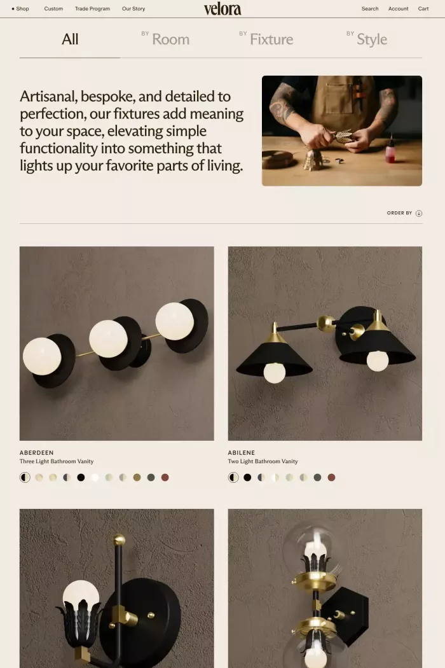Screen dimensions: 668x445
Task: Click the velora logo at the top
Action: pos(222,9)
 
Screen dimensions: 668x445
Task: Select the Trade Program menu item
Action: pos(92,9)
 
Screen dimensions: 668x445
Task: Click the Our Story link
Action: pos(133,9)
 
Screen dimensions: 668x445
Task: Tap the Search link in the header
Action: pos(370,9)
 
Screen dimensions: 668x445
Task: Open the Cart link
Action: pos(423,9)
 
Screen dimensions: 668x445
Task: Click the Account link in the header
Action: pos(399,9)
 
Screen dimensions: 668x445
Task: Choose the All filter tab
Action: pos(70,39)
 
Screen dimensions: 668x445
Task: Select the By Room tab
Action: pos(166,39)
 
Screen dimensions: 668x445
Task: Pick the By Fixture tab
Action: pos(266,39)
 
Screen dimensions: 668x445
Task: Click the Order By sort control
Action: pos(404,213)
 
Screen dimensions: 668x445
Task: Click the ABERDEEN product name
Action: pos(37,453)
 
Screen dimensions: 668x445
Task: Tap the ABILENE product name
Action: pos(242,453)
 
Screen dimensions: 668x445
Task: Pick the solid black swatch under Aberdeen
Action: pos(81,477)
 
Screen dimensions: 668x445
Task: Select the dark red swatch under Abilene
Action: pos(331,477)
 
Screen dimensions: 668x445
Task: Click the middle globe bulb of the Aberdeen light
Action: pos(108,338)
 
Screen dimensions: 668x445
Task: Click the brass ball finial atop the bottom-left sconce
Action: pos(120,540)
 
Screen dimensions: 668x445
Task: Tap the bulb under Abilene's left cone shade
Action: pos(275,373)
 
